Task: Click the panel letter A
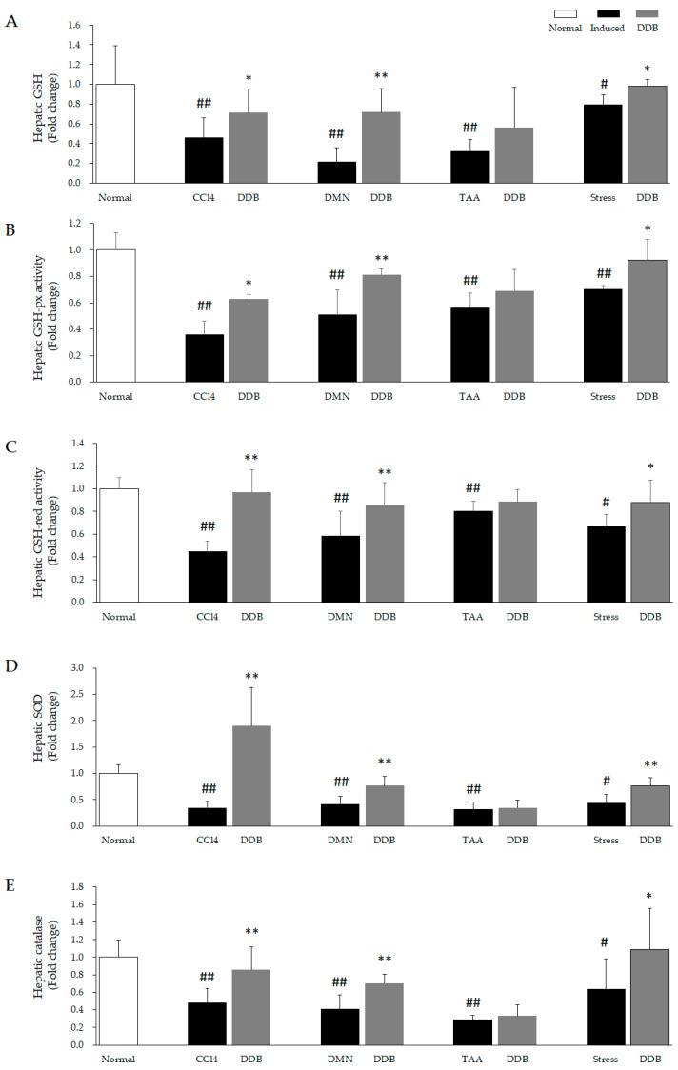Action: click(11, 21)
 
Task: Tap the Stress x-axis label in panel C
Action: click(606, 617)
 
